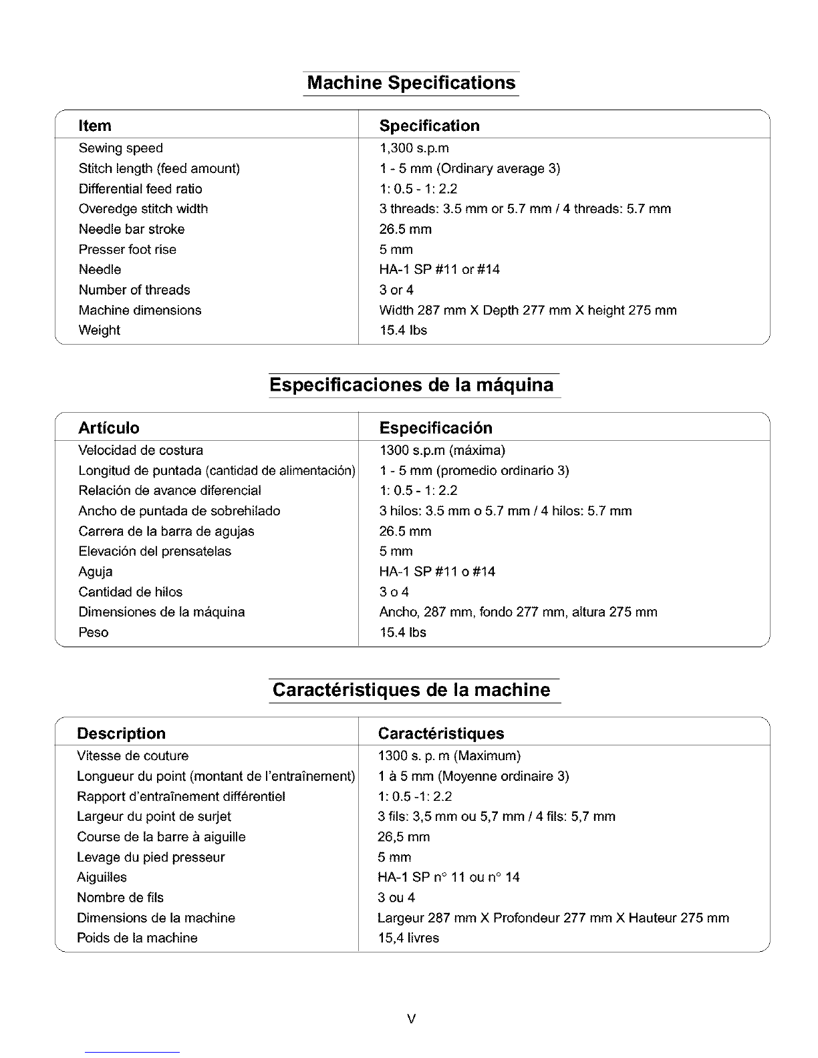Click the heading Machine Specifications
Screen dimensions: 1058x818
point(411,83)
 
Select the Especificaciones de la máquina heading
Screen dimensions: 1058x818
point(411,385)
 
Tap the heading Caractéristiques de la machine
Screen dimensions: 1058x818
point(412,689)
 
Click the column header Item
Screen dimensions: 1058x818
point(95,126)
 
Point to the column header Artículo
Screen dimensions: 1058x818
point(109,428)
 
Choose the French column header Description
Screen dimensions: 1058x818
point(121,733)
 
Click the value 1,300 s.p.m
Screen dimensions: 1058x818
point(414,148)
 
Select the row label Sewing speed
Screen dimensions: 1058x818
point(120,148)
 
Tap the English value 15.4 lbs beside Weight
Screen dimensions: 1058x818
point(403,330)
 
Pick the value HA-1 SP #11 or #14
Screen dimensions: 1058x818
point(439,269)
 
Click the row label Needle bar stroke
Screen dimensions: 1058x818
point(131,229)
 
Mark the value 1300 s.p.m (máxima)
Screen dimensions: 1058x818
point(442,450)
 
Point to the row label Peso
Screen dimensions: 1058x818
point(93,633)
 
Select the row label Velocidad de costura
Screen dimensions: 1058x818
point(140,450)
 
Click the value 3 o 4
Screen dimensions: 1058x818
point(394,592)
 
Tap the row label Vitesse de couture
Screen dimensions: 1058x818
point(132,755)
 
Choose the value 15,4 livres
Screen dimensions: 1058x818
point(408,938)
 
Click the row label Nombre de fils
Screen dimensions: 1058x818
point(120,897)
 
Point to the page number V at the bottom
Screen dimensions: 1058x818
point(411,1019)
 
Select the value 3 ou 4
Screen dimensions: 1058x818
point(396,897)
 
